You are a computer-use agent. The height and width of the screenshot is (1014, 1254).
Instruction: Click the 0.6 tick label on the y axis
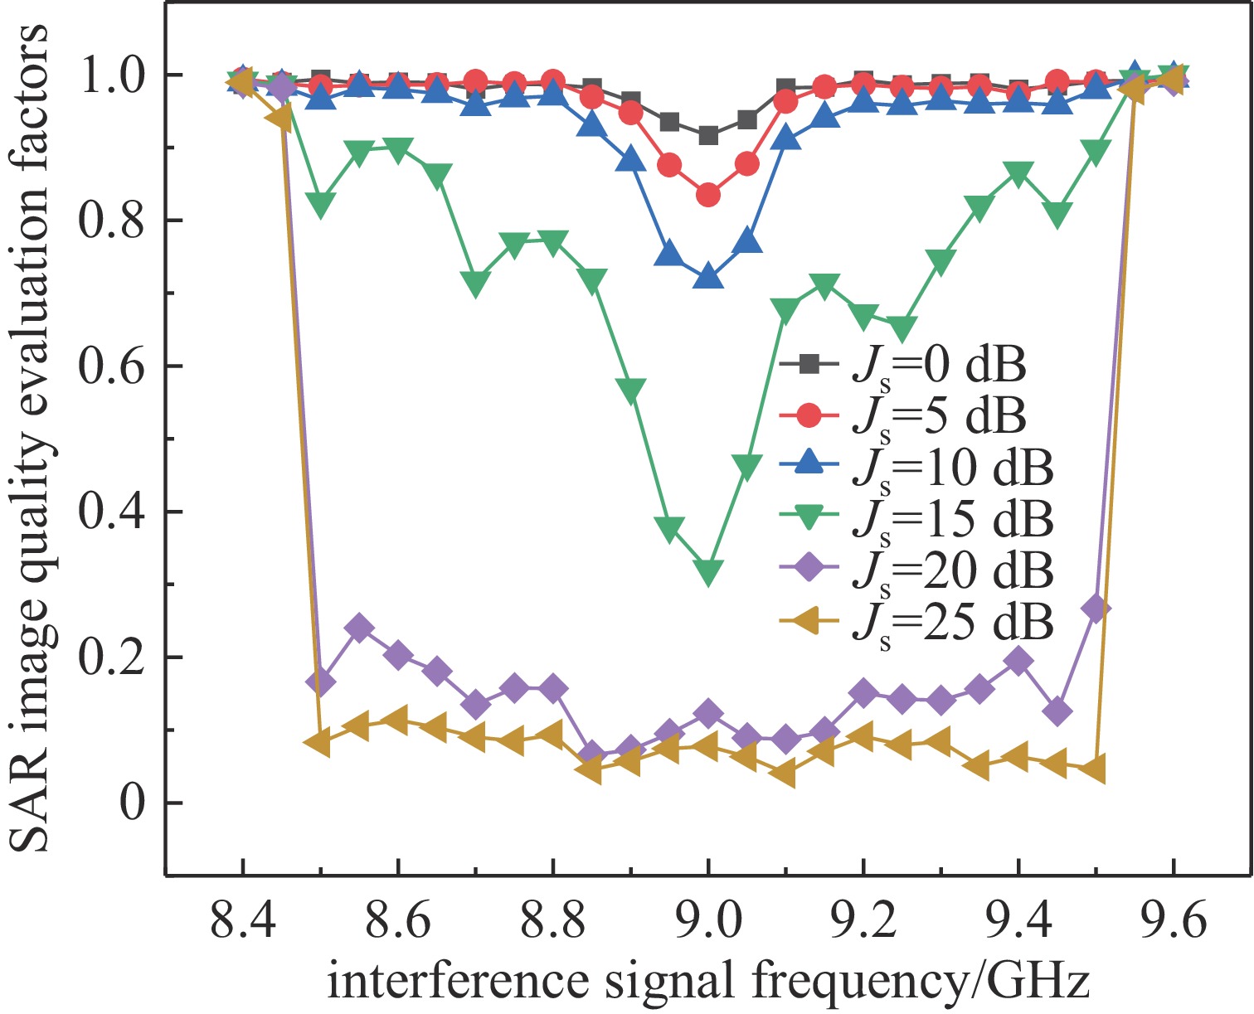tap(111, 366)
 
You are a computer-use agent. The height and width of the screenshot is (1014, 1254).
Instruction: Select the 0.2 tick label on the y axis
tap(111, 657)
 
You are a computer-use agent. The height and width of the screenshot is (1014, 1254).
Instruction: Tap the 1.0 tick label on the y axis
tap(111, 75)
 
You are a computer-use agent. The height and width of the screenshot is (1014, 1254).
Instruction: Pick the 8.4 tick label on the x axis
tap(242, 921)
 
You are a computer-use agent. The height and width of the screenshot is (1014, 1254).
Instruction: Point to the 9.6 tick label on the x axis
tap(1173, 921)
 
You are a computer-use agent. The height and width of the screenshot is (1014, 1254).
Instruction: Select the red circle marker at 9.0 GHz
tap(707, 196)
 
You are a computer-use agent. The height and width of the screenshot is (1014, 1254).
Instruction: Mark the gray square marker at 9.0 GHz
tap(707, 135)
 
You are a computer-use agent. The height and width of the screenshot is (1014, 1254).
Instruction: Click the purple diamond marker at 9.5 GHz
tap(1096, 609)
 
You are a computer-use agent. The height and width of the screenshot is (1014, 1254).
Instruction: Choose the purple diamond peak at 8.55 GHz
tap(359, 628)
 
